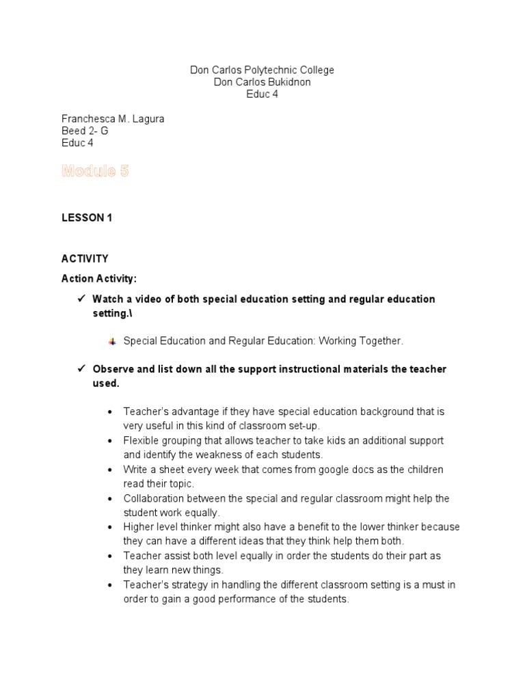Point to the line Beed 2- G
(x=85, y=131)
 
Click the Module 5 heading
(x=95, y=172)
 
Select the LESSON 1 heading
(x=86, y=218)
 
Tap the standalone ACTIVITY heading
(x=85, y=258)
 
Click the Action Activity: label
(x=99, y=278)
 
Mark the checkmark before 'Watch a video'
(x=79, y=299)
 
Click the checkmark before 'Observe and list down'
(x=79, y=368)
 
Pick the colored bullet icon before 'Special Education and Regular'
(x=112, y=341)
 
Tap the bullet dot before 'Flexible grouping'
(x=110, y=441)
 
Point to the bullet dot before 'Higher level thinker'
(x=110, y=528)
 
